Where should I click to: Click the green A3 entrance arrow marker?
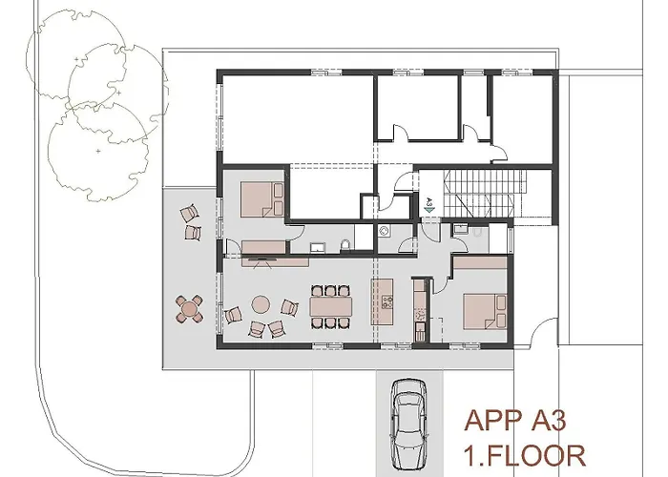[x=429, y=203]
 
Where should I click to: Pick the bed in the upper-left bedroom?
[x=262, y=200]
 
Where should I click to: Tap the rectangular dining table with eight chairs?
[x=330, y=306]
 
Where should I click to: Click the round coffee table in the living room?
[x=260, y=305]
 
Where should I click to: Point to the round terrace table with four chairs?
[x=191, y=307]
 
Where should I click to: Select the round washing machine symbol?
[x=384, y=230]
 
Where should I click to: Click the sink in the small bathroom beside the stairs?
[x=459, y=229]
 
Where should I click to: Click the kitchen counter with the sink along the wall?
[x=419, y=305]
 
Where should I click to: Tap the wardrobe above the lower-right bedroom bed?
[x=479, y=262]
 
